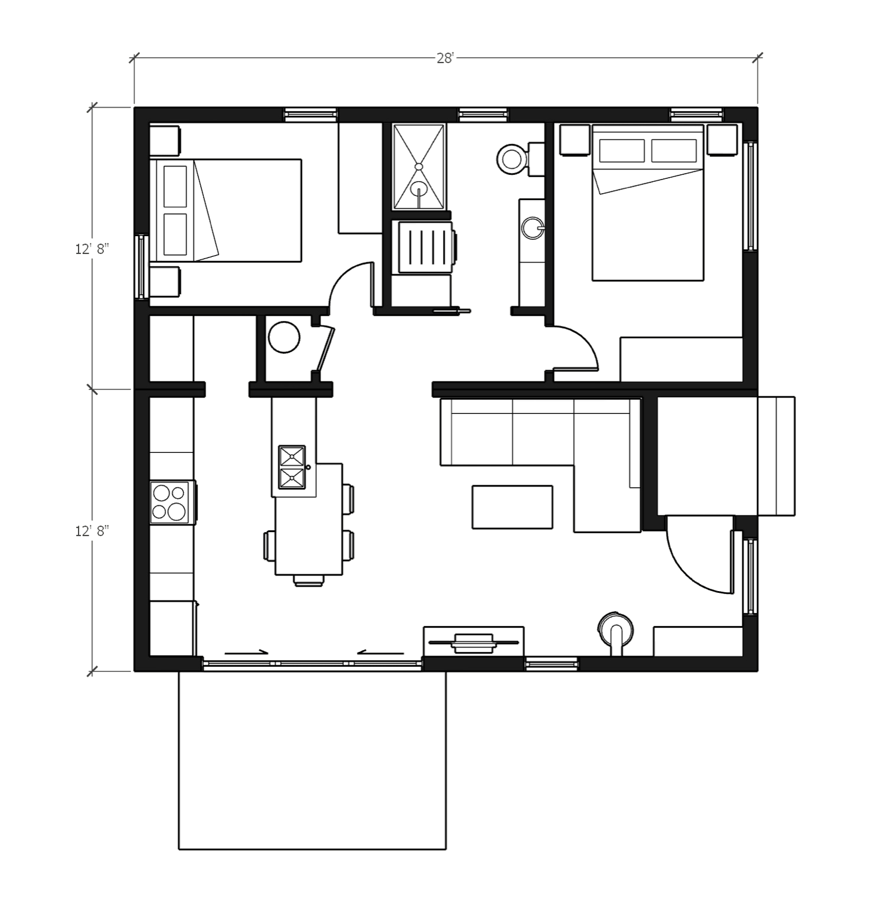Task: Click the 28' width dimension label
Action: [445, 58]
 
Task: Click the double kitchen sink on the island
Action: [292, 467]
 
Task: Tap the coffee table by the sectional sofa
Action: [512, 507]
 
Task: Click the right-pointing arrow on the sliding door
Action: [247, 652]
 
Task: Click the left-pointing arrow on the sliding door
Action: [380, 652]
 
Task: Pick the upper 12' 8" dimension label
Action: [92, 249]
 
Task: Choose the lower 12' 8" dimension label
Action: [92, 531]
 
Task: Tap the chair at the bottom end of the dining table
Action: [308, 580]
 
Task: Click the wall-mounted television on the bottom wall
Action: [473, 641]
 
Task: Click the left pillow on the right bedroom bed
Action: [621, 151]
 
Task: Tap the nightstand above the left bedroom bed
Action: [165, 140]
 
